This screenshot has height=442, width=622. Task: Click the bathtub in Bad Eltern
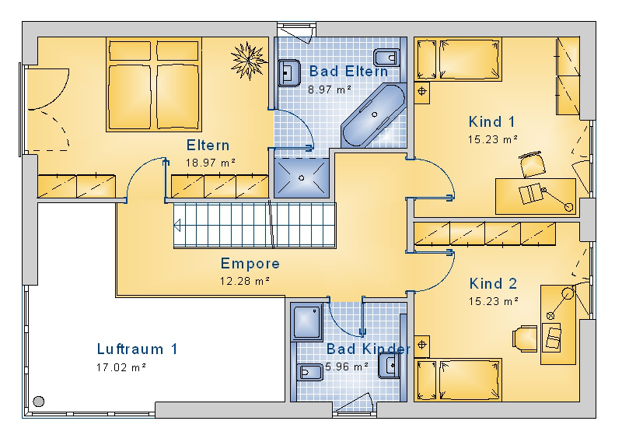pos(374,114)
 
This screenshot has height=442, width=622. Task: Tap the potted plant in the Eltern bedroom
pos(249,60)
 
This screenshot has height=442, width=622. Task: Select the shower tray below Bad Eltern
pos(302,177)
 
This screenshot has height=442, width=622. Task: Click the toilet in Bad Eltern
pos(386,58)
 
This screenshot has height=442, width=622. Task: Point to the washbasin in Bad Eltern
pos(289,72)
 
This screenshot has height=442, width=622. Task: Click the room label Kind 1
pos(491,121)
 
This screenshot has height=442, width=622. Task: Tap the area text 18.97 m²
pos(210,163)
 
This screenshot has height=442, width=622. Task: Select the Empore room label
pos(250,263)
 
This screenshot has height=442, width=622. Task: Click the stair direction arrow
pos(177,225)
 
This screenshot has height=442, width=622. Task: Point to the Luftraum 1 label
pos(137,349)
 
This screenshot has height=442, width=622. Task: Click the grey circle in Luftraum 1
pos(38,402)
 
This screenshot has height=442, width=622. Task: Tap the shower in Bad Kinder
pos(307,322)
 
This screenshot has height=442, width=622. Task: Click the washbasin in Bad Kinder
pos(390,365)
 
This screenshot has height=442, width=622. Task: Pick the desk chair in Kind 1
pos(532,164)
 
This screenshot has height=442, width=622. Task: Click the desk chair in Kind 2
pos(526,339)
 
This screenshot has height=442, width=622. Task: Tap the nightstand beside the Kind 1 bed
pos(421,91)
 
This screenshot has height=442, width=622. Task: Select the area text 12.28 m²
pos(245,281)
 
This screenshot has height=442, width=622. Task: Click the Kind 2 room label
pos(493,283)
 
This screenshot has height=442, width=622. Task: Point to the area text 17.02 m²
pos(121,367)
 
